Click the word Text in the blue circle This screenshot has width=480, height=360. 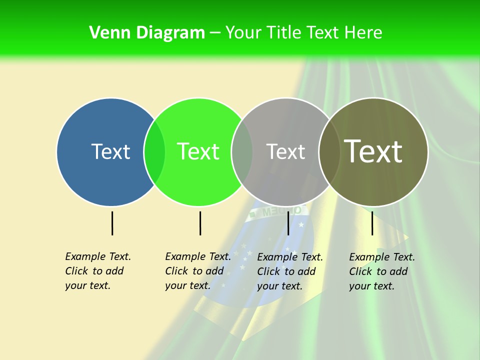point(110,151)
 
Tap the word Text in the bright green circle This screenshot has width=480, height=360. point(198,151)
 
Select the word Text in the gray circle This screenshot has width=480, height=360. point(285,151)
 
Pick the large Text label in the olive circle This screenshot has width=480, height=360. point(373,151)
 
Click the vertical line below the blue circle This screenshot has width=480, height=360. point(112,223)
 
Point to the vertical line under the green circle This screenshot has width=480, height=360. point(200,223)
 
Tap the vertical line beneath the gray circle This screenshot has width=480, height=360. point(288,223)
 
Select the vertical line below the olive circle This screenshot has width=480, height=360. point(372,223)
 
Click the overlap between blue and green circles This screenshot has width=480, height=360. point(154,151)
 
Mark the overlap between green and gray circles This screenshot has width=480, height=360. point(242,151)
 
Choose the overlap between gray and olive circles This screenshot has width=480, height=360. point(329,151)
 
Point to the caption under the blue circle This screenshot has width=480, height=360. point(97,271)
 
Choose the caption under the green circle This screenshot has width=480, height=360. point(197,271)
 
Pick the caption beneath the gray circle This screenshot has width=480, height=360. point(289,271)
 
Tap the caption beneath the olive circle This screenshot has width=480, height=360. point(381,271)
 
